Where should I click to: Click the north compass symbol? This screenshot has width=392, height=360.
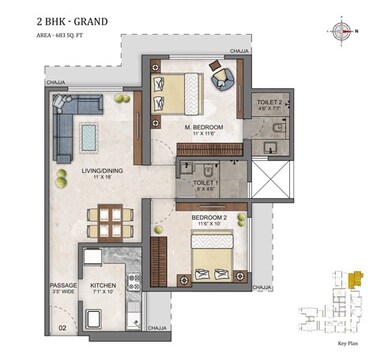tap(347, 31)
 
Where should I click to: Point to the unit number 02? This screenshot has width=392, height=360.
tap(61, 326)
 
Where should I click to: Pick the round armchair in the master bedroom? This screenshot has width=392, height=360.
tap(220, 75)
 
